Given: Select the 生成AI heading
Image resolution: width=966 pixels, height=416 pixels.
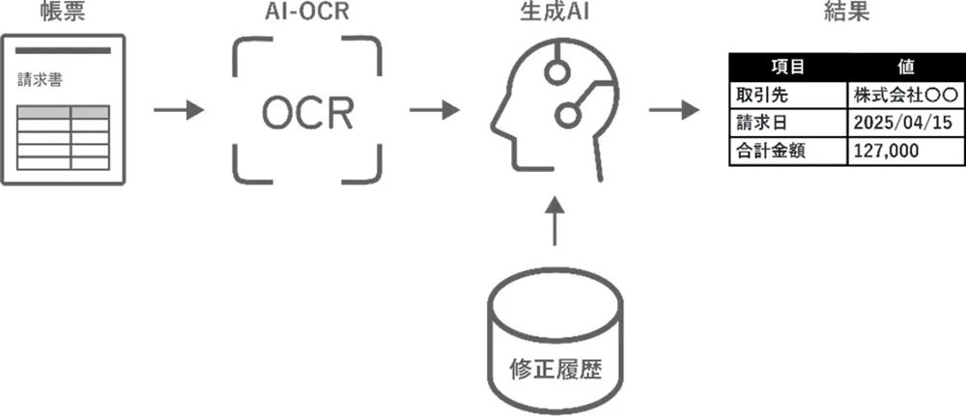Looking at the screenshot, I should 552,13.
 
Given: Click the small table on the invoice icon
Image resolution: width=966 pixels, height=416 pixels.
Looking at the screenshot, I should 64,136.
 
